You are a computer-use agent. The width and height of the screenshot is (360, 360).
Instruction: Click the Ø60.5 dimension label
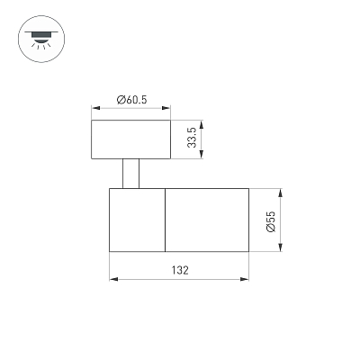132,100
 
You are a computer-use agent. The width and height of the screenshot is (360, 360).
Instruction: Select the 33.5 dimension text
192,138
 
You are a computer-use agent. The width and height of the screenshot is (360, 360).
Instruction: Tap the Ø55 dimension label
270,221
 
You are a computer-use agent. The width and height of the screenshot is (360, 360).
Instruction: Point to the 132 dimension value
180,270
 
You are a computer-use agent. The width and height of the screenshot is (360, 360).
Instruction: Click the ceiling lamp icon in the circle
41,39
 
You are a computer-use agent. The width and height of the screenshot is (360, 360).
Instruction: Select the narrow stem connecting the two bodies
130,174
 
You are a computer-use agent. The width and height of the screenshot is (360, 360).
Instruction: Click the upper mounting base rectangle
130,139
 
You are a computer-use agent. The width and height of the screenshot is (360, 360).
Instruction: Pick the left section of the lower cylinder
137,220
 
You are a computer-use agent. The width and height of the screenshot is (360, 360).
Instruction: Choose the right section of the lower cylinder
207,220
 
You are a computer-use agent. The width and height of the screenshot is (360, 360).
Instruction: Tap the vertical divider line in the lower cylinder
166,220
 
